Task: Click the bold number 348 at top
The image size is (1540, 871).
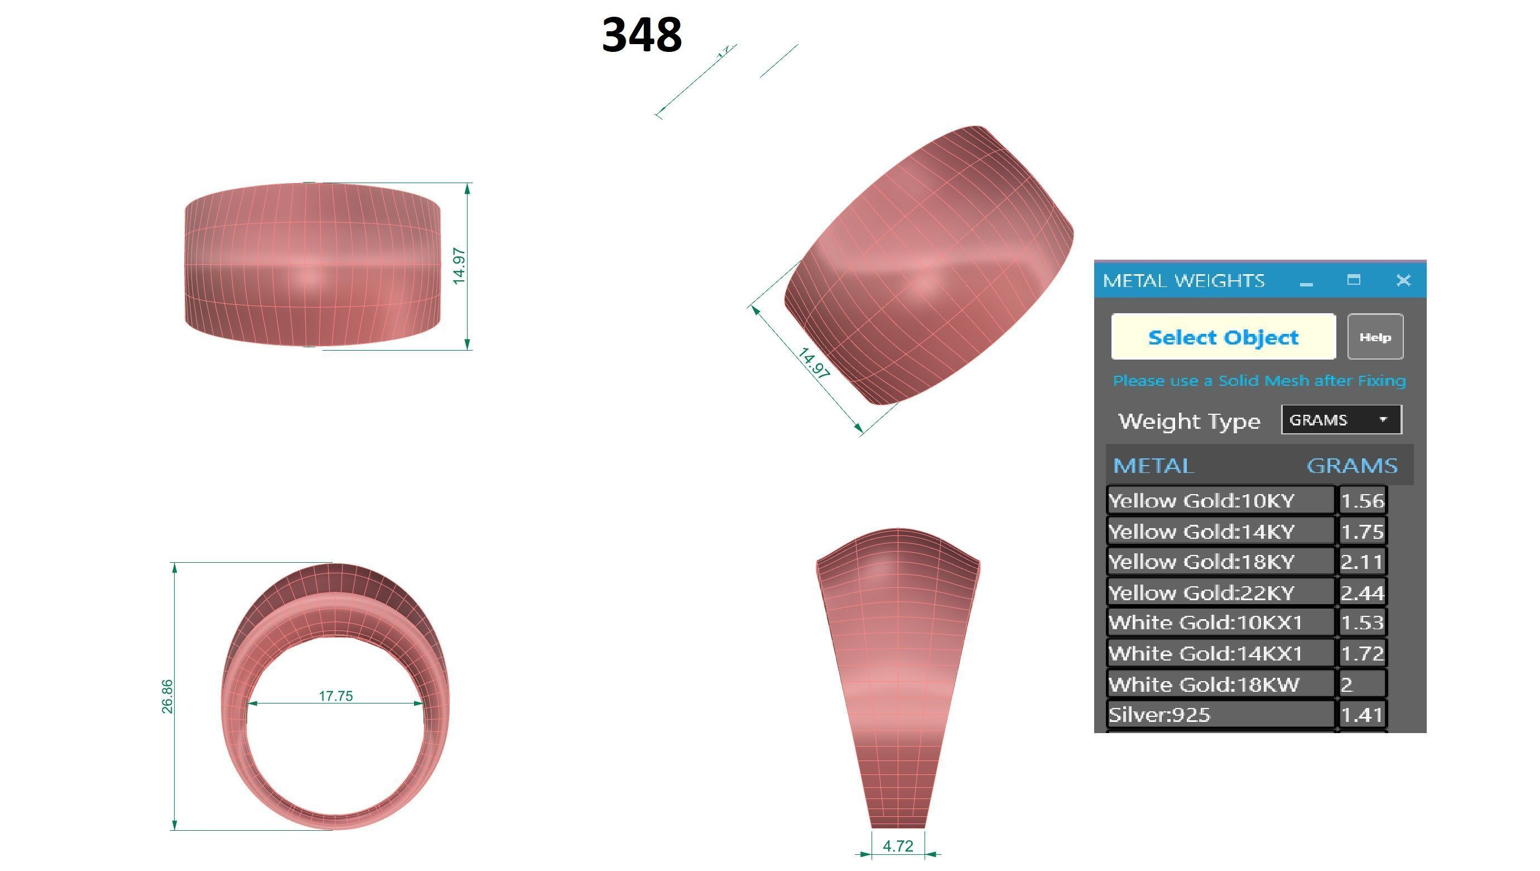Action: [642, 35]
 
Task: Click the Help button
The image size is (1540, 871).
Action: [1374, 337]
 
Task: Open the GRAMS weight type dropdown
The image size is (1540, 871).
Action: [1341, 420]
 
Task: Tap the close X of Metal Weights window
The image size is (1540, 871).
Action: [1403, 280]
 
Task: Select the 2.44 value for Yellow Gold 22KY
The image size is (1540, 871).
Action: [1362, 593]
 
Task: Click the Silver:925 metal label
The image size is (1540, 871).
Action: [1159, 715]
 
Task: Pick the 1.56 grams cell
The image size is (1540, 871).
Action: [1362, 501]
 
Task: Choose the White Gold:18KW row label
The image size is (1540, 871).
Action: [1204, 685]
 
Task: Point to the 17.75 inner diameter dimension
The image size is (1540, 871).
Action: [335, 696]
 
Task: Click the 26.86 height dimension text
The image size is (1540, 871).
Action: [167, 696]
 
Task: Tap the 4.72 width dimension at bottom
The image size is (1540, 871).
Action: [897, 846]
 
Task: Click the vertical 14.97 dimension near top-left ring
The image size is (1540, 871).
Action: [459, 266]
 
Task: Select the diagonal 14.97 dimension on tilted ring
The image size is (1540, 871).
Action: [814, 363]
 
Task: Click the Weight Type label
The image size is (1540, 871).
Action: [1189, 421]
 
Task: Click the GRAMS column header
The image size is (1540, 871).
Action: [1351, 466]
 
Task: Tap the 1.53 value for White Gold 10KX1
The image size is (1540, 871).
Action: [1362, 623]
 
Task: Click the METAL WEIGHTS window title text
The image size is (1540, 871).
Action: [1183, 280]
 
